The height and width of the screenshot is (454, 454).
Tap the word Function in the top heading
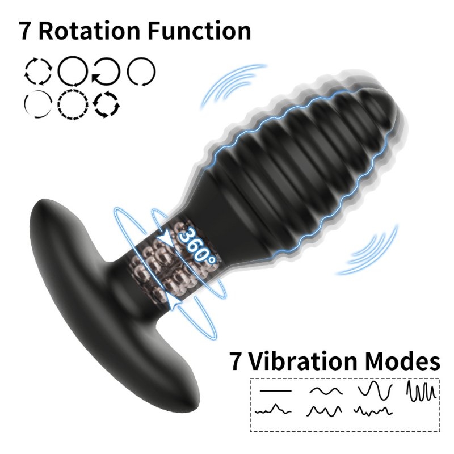pyautogui.click(x=200, y=31)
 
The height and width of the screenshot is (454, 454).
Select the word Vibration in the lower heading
pyautogui.click(x=303, y=361)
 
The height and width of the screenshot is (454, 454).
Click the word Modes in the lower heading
pyautogui.click(x=402, y=361)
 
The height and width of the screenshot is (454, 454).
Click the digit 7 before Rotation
pyautogui.click(x=25, y=31)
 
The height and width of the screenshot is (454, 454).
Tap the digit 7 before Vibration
pyautogui.click(x=236, y=361)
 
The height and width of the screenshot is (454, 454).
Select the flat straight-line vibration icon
pyautogui.click(x=276, y=391)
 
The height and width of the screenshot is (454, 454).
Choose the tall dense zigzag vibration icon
pyautogui.click(x=421, y=391)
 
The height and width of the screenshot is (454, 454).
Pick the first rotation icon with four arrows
pyautogui.click(x=38, y=72)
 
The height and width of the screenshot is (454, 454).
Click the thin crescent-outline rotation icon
pyautogui.click(x=38, y=104)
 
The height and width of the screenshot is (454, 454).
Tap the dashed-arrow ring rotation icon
pyautogui.click(x=73, y=104)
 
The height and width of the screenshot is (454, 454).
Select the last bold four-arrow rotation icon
pyautogui.click(x=106, y=104)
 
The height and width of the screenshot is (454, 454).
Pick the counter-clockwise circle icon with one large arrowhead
pyautogui.click(x=106, y=72)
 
